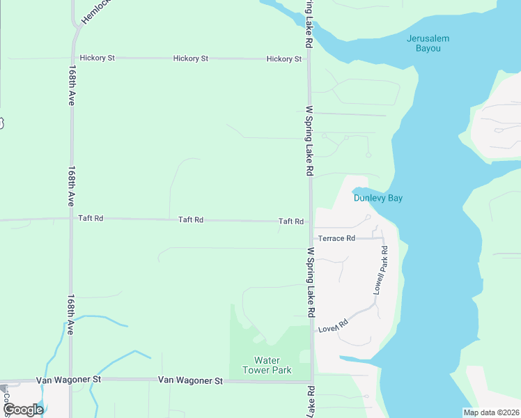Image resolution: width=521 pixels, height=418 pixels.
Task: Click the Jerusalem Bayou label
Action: pos(428,43)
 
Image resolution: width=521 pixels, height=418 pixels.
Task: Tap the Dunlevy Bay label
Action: pos(378,198)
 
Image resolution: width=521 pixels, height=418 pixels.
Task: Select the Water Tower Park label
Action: pos(267,365)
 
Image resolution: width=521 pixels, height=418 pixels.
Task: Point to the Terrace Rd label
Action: pos(337,238)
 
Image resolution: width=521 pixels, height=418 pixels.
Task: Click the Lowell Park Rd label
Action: pos(380,269)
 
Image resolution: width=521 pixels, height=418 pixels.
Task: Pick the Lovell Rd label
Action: pos(333,325)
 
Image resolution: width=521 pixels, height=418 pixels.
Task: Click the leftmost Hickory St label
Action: pos(97,58)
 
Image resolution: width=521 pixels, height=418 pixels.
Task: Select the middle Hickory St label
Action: pos(190,59)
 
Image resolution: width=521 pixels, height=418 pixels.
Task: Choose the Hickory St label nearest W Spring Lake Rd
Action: pos(283,59)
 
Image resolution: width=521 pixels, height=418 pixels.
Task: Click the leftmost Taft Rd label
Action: pos(91,218)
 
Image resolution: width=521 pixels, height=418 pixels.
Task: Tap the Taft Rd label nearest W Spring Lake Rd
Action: pos(290,222)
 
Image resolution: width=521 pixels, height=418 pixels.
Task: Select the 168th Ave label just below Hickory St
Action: pos(72,85)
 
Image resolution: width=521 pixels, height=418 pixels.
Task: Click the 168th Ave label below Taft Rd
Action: pos(71,314)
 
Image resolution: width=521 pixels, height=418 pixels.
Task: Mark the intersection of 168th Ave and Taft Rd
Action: pos(71,218)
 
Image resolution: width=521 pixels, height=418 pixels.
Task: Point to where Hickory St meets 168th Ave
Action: pos(72,58)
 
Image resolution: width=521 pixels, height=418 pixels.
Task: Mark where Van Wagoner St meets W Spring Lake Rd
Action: pos(311,382)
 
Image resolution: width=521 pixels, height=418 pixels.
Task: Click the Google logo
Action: pos(23,410)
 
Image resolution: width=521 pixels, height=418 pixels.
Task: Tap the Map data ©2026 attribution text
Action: pos(491,412)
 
